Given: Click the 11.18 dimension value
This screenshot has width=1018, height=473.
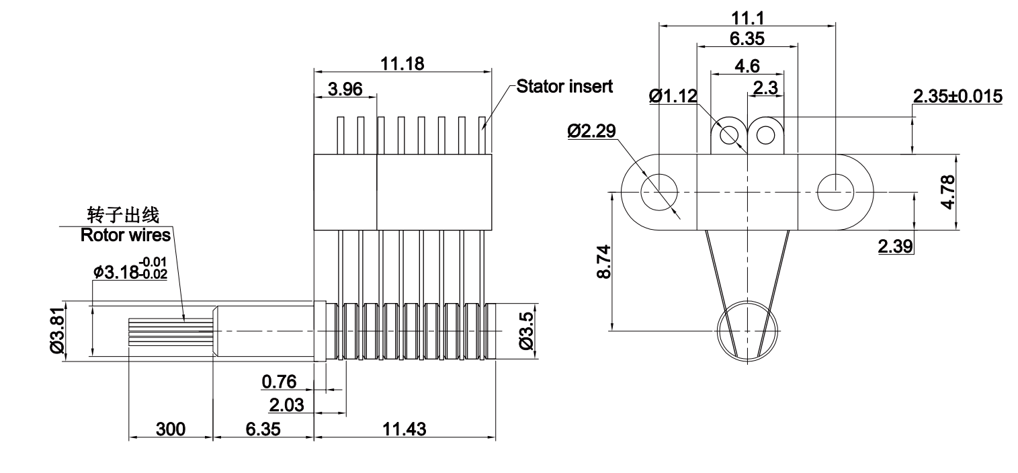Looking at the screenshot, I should pos(402,64).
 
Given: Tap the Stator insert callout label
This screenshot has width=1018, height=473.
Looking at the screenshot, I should pos(564,87).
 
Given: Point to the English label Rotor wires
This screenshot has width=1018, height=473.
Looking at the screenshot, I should pos(126,235).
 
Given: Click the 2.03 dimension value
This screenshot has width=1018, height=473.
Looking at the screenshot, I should pos(286,405).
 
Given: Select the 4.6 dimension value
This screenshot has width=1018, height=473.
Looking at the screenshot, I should pos(747,66).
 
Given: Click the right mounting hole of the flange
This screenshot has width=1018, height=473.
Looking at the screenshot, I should pos(835,192).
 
